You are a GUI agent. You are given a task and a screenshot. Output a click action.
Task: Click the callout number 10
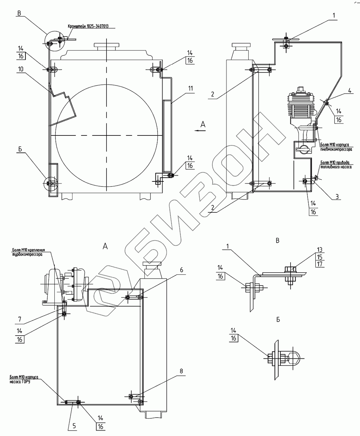pyautogui.click(x=21, y=69)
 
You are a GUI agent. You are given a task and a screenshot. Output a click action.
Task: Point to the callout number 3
pyautogui.click(x=337, y=196)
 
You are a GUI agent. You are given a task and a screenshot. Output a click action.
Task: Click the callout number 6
pyautogui.click(x=181, y=270)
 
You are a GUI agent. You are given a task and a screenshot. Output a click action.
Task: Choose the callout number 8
pyautogui.click(x=181, y=371)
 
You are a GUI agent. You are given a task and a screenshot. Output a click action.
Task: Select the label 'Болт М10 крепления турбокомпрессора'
pyautogui.click(x=27, y=252)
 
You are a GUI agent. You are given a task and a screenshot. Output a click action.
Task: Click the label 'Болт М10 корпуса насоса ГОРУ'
pyautogui.click(x=23, y=379)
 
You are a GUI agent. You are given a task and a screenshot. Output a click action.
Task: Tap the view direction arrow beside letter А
pyautogui.click(x=199, y=130)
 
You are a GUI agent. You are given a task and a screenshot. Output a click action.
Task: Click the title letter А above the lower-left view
pyautogui.click(x=105, y=246)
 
